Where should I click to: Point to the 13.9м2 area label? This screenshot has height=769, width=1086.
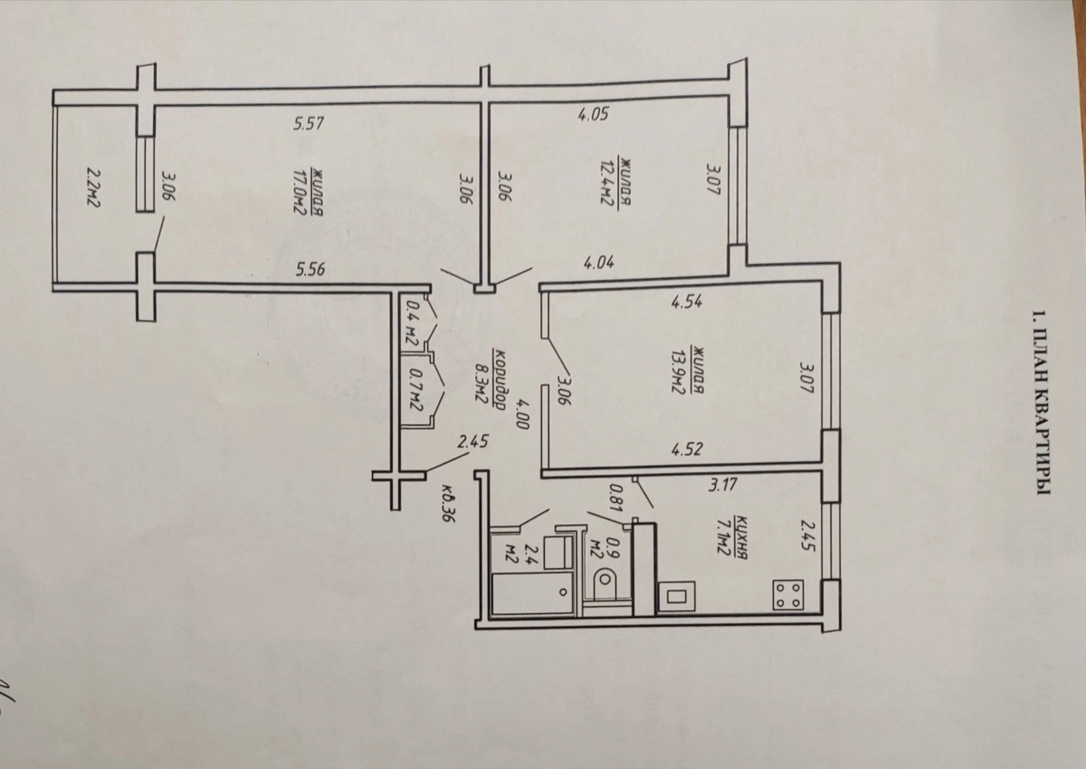pyautogui.click(x=676, y=370)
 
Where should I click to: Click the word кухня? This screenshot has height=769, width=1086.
pyautogui.click(x=740, y=536)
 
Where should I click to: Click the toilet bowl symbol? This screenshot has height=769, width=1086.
pyautogui.click(x=606, y=582)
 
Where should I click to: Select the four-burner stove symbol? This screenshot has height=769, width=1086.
pyautogui.click(x=787, y=594)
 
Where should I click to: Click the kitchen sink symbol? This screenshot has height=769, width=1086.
pyautogui.click(x=676, y=596)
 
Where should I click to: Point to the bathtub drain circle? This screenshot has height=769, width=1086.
pyautogui.click(x=563, y=593)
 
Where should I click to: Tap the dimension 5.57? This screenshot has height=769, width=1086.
pyautogui.click(x=309, y=124)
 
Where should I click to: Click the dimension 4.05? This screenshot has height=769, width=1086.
pyautogui.click(x=593, y=115)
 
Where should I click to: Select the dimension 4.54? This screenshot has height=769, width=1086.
pyautogui.click(x=687, y=301)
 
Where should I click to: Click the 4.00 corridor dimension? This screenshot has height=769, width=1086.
pyautogui.click(x=524, y=413)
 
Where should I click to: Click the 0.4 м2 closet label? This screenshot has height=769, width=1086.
pyautogui.click(x=413, y=323)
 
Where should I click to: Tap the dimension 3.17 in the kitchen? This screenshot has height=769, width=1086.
pyautogui.click(x=722, y=485)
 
